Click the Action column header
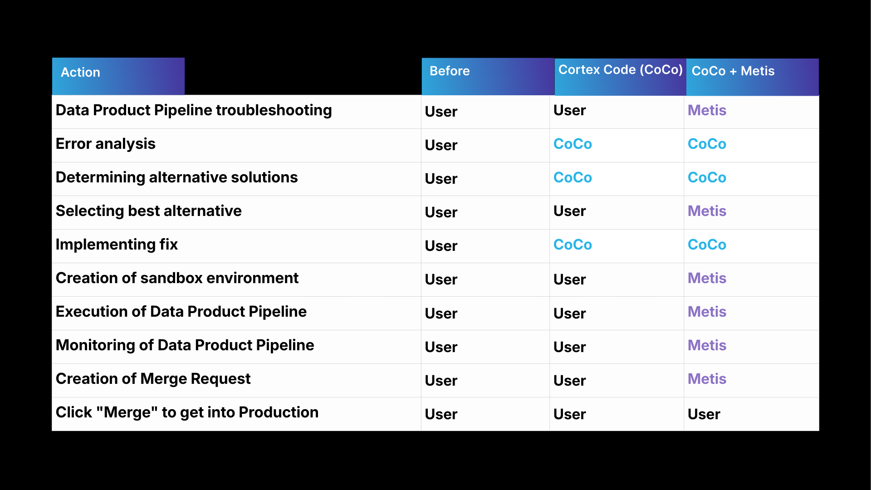(81, 73)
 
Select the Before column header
(450, 71)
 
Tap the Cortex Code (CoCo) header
(620, 70)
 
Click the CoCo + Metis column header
(733, 71)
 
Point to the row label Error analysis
(105, 144)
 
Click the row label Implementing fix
(117, 245)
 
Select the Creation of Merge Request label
(153, 379)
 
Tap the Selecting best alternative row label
(148, 211)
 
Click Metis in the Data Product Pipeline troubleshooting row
(707, 110)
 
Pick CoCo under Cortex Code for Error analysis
(573, 144)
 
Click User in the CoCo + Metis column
(704, 414)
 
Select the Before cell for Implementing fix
(441, 246)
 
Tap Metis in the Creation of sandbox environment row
(707, 278)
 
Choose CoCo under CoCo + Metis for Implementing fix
(707, 245)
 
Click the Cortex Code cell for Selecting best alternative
(569, 211)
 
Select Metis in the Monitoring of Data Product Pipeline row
(707, 345)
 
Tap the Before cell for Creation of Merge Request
(441, 381)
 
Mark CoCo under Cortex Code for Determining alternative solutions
(573, 177)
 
